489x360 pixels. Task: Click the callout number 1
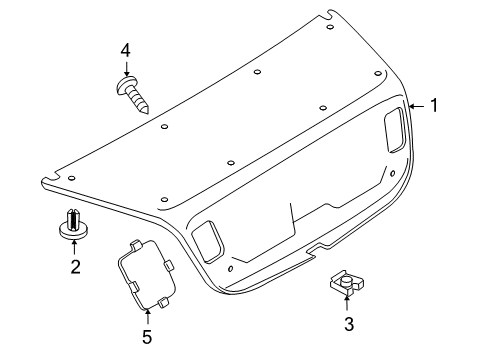434,105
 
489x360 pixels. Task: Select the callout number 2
76,267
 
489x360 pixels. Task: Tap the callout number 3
349,324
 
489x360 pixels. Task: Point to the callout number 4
125,51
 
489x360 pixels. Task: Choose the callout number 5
147,337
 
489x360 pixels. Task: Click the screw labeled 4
132,94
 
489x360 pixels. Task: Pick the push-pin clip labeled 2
73,224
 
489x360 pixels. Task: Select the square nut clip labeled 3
347,283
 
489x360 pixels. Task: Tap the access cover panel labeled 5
147,275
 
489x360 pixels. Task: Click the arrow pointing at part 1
417,106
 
